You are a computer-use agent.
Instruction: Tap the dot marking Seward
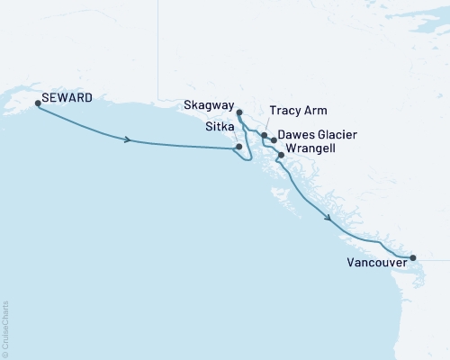coord(38,103)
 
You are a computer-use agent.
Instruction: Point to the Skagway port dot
coord(239,112)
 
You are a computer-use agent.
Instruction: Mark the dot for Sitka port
coord(238,147)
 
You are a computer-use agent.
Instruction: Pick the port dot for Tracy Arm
coord(264,135)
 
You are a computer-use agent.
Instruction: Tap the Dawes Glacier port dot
coord(274,140)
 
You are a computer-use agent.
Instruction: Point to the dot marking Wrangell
coord(281,155)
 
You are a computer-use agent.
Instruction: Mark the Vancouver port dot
coord(413,258)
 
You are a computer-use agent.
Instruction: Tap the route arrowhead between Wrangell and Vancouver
coord(329,218)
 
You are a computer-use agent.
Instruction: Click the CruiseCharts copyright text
coord(6,328)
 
